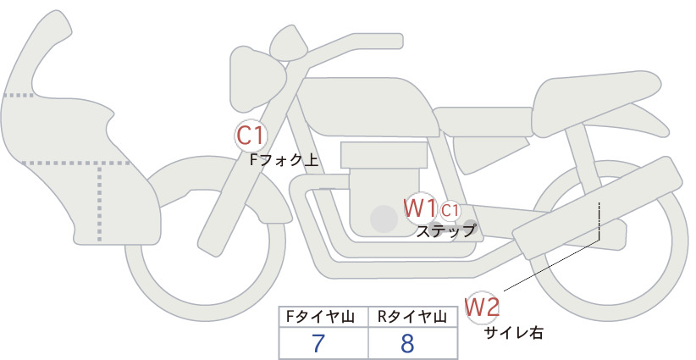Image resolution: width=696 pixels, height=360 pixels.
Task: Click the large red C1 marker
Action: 251,136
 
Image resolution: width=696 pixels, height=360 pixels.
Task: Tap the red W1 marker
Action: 419,208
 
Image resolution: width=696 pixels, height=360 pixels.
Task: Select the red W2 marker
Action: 482,307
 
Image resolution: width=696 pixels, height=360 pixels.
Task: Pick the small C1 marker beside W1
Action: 450,211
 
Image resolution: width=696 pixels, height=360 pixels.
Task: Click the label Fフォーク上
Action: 284,160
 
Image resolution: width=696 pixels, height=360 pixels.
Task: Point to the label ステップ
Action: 445,231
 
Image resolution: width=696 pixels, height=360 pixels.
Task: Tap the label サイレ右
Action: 514,333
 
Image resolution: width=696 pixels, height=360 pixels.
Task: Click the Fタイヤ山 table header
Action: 320,317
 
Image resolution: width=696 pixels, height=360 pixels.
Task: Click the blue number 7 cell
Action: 318,343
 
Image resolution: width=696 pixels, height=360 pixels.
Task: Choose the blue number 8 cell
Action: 407,343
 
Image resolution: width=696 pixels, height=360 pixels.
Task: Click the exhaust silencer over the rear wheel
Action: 598,208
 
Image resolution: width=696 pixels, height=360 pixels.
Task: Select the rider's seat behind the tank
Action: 483,122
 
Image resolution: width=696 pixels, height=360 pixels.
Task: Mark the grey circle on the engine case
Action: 384,219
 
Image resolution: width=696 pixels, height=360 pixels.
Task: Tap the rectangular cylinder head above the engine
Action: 384,155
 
